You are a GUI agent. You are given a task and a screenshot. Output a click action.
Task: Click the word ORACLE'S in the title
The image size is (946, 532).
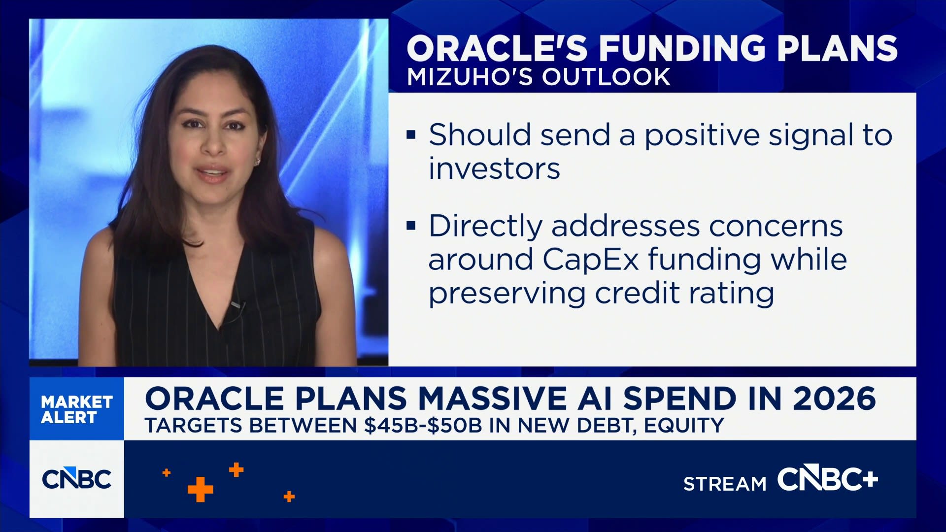pyautogui.click(x=497, y=48)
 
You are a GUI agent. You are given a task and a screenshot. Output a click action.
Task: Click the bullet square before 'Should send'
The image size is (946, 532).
pyautogui.click(x=411, y=134)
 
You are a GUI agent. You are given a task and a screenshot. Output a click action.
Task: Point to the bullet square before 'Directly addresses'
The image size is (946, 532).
pyautogui.click(x=411, y=226)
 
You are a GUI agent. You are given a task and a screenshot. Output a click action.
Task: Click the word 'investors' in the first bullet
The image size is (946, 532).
pyautogui.click(x=494, y=169)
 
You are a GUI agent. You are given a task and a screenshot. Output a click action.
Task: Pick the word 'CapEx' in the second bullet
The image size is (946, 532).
pyautogui.click(x=591, y=259)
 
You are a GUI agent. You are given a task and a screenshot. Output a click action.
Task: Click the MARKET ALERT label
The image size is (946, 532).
pyautogui.click(x=77, y=409)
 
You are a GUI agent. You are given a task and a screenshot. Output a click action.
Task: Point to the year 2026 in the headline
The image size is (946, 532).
pyautogui.click(x=834, y=399)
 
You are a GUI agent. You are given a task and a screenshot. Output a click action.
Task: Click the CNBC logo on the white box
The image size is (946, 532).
pyautogui.click(x=77, y=479)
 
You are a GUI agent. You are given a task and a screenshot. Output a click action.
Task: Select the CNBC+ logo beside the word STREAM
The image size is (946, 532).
pyautogui.click(x=827, y=479)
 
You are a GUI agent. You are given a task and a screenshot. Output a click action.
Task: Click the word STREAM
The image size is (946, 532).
pyautogui.click(x=725, y=484)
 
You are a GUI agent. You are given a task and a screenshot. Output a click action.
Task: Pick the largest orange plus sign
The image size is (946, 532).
pyautogui.click(x=200, y=490)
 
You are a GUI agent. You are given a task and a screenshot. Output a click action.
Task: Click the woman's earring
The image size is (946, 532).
pyautogui.click(x=257, y=162)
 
